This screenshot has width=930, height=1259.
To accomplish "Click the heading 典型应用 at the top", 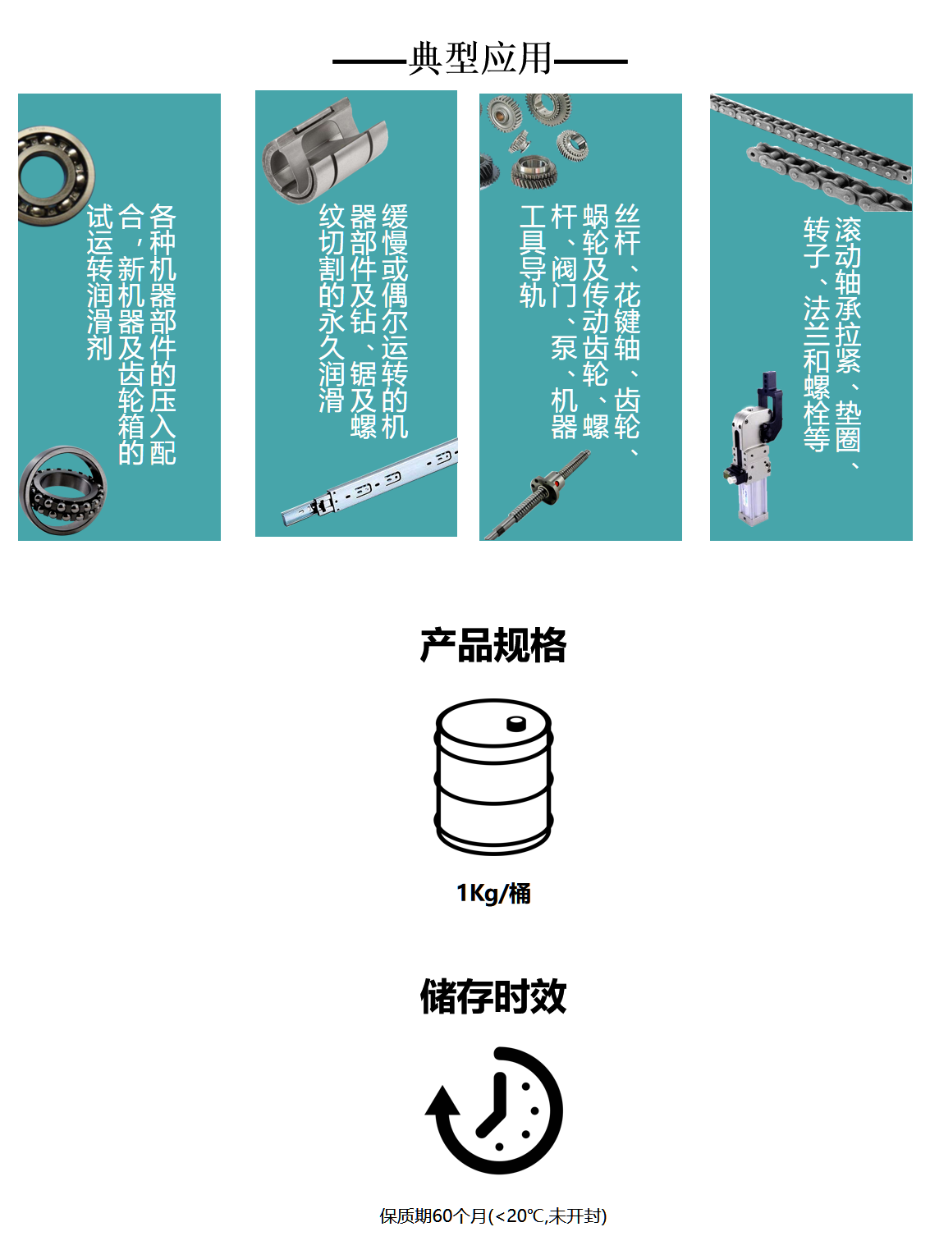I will [480, 59].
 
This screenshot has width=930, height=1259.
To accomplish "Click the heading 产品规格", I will [492, 645].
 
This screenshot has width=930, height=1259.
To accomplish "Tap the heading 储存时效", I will [492, 996].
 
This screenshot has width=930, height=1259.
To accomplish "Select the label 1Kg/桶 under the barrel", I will [493, 893].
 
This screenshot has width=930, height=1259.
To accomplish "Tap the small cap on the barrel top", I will [516, 723].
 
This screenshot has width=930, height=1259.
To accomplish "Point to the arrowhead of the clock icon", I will [442, 1102].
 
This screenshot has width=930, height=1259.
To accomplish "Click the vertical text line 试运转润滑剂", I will [99, 282].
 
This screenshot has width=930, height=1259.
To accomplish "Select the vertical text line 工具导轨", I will [533, 256].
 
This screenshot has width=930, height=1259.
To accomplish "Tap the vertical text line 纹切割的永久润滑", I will [332, 308].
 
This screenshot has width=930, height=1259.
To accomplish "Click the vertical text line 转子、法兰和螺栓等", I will [816, 333].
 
